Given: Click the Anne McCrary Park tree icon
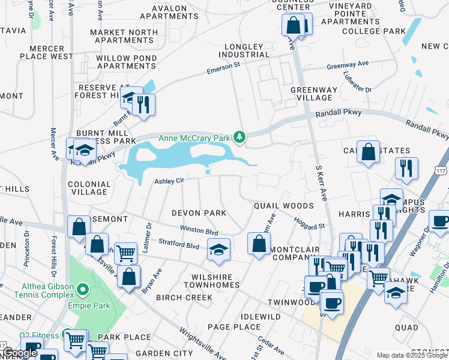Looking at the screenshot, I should point(240,138).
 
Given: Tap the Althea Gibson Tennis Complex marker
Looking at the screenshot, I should point(83,290).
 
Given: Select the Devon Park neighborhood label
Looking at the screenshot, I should point(199,213).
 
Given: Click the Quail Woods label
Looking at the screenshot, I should point(283,206).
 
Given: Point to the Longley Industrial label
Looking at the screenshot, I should point(244,51).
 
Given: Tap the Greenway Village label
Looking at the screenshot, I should point(311,94).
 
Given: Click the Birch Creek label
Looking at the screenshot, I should point(184,298).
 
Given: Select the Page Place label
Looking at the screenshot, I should point(234,327).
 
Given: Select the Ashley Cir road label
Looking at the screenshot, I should point(169,181).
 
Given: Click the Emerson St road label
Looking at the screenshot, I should point(223,66).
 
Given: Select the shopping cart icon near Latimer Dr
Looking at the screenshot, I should point(125,253).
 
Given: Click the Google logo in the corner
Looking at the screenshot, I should point(20,353).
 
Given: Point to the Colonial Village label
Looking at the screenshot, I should point(89,188).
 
